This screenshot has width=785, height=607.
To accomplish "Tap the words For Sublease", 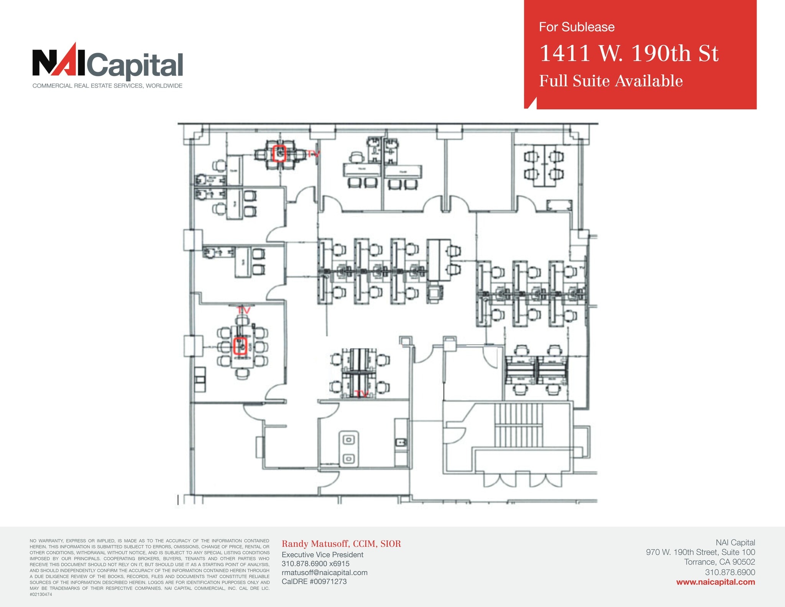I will [x=576, y=27].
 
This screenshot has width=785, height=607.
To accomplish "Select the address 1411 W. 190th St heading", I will [x=629, y=53].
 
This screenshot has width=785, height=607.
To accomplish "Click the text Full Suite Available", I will [x=611, y=81].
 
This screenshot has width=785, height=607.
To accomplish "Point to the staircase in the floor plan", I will [x=519, y=424].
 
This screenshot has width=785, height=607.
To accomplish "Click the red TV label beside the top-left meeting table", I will [x=312, y=154].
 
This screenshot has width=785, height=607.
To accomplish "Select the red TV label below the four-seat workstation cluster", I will [x=362, y=394].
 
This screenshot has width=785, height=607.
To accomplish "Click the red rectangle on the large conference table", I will [x=240, y=346].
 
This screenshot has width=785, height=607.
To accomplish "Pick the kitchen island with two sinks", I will [x=348, y=449].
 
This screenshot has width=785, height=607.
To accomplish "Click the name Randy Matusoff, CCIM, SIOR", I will [x=341, y=544].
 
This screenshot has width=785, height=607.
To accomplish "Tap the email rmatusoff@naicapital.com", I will [x=324, y=572].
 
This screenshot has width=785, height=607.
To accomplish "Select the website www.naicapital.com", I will [x=715, y=582].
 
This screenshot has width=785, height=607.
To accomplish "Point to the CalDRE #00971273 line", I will [x=314, y=581].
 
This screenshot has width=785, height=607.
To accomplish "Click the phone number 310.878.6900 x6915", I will [x=315, y=564].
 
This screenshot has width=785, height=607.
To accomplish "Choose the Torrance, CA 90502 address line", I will [x=719, y=562].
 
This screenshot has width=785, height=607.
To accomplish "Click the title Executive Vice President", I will [x=322, y=554].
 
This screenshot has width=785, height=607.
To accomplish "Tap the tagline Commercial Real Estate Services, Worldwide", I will [x=107, y=86].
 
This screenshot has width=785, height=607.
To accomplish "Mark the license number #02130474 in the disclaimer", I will [x=41, y=594].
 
